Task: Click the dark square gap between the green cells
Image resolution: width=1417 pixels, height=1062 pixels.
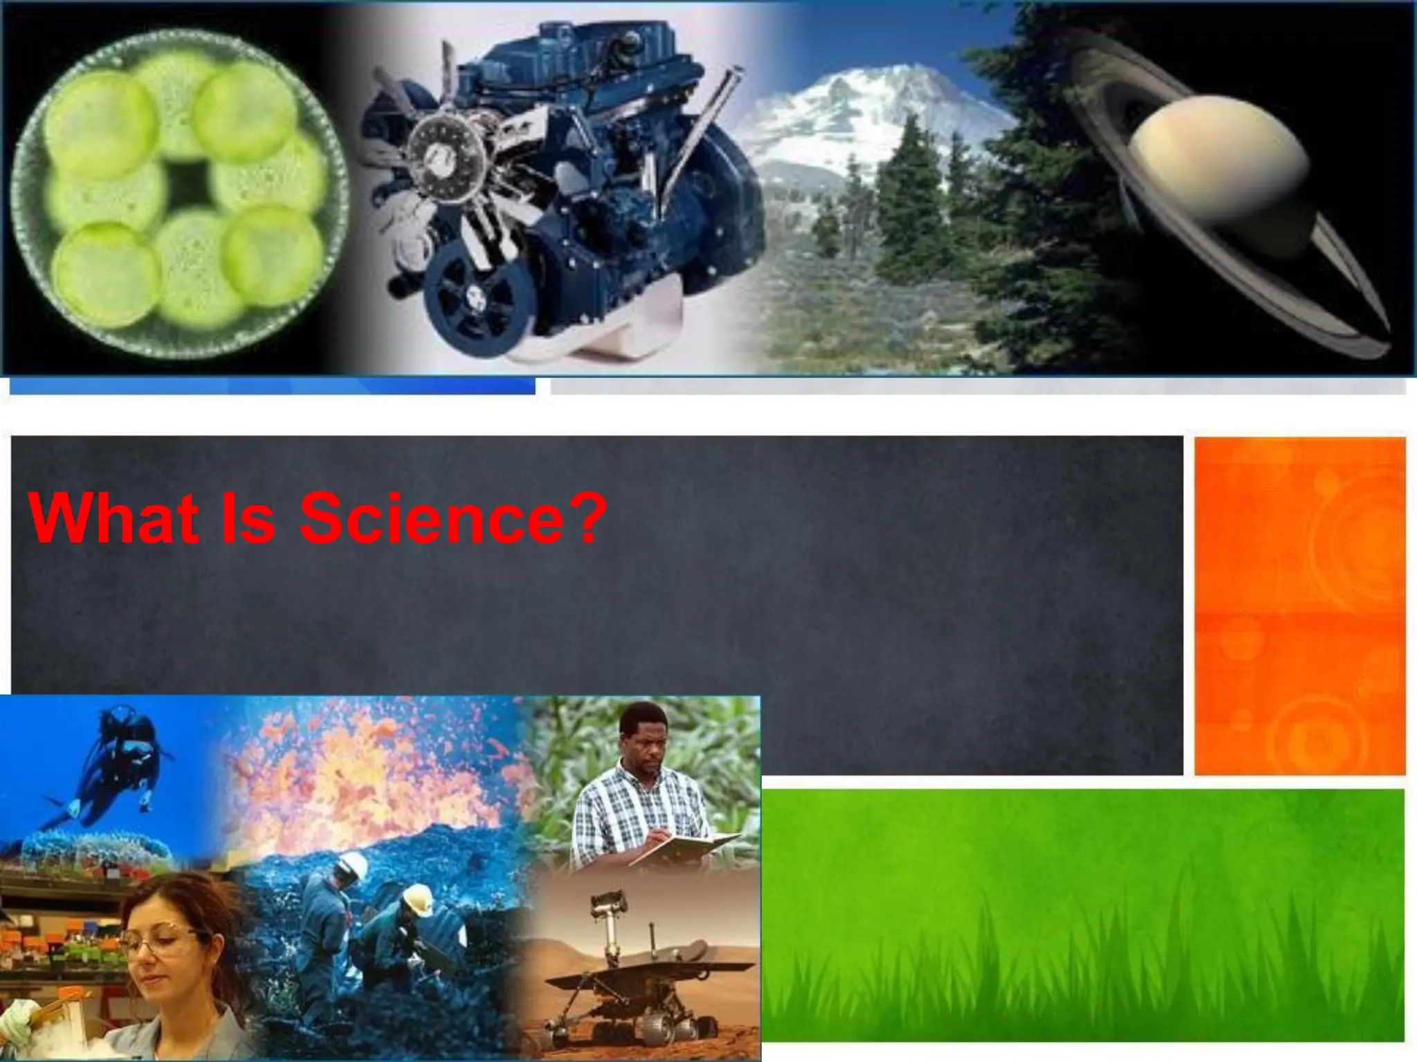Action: click(188, 183)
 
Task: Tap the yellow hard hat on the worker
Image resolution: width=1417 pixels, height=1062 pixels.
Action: click(418, 900)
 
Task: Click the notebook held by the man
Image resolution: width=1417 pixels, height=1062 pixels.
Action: click(685, 846)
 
